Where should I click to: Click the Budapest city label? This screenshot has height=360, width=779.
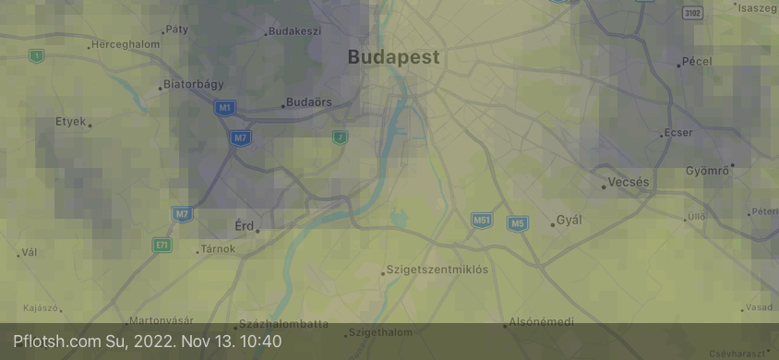[x=393, y=57]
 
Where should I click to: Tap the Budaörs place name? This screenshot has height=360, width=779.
[x=309, y=102]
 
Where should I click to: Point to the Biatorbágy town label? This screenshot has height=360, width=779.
[x=194, y=84]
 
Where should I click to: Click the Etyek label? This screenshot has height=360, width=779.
[x=70, y=121]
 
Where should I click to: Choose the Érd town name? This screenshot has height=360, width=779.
[x=245, y=225]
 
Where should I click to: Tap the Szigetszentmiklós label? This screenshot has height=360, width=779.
[x=437, y=270]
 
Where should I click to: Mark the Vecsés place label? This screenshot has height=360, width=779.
[x=629, y=183]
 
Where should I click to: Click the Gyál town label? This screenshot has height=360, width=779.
[x=569, y=220]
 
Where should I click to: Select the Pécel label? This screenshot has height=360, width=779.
[x=696, y=62]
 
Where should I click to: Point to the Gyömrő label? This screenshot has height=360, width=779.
[x=708, y=171]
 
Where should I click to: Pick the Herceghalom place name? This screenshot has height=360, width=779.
[x=126, y=43]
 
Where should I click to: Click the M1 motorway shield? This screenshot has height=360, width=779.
[x=224, y=108]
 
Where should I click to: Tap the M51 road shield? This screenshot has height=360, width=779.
[x=482, y=221]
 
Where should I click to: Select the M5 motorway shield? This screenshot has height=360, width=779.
[x=517, y=223]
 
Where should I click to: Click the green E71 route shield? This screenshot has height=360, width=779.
[x=162, y=246]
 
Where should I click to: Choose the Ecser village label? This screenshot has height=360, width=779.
[x=677, y=133]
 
